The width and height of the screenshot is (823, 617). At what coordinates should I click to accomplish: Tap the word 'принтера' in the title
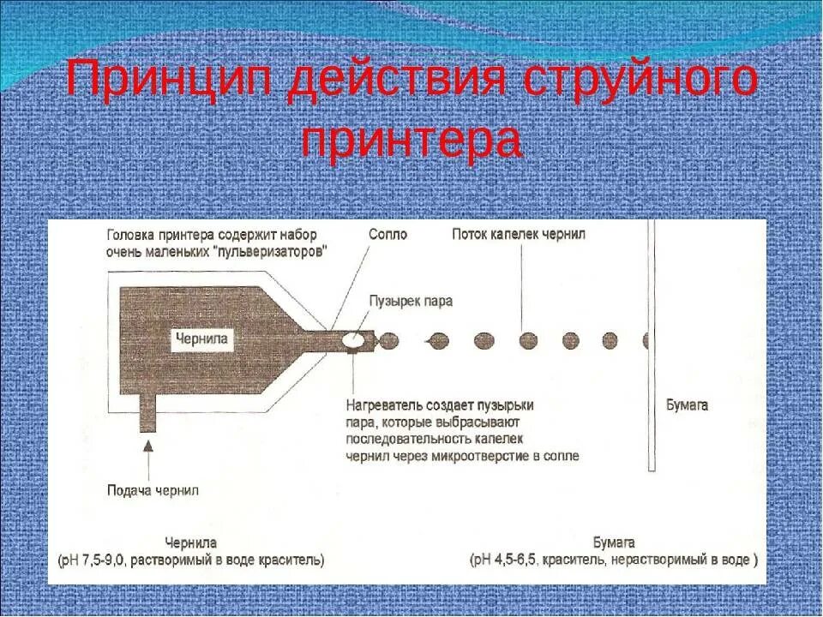(411, 141)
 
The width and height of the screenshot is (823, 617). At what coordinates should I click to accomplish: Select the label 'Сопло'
(387, 234)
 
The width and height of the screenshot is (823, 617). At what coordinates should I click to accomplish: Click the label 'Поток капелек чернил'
(519, 234)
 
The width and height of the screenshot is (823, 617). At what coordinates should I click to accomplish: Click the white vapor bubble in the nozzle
(353, 340)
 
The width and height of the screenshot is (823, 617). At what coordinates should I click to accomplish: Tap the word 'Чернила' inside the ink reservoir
(201, 338)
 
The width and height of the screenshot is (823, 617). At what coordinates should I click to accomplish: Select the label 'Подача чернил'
(153, 490)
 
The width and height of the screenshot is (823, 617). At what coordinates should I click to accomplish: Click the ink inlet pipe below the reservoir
(148, 416)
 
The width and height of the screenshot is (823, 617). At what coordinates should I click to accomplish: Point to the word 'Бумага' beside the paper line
(687, 405)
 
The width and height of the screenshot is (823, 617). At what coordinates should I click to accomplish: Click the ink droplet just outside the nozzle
(388, 340)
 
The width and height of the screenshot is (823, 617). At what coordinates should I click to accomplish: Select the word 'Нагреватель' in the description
(385, 405)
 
